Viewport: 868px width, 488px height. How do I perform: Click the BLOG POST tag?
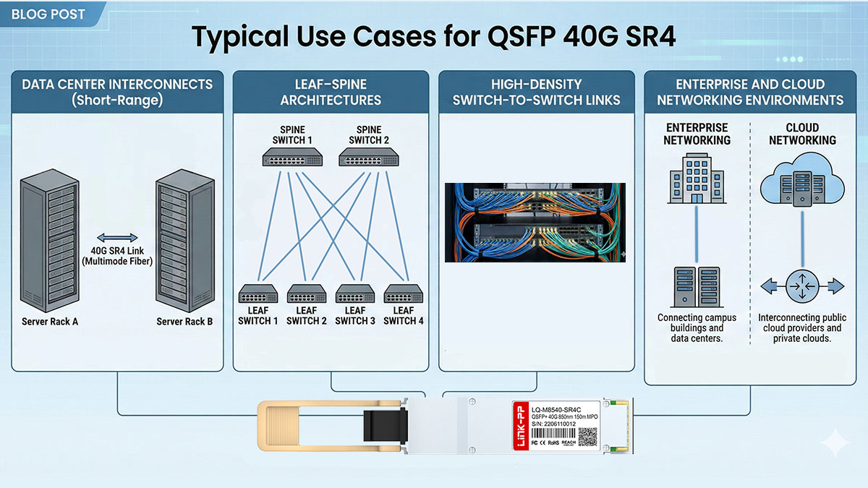point(49,14)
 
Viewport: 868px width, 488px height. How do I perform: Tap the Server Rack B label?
point(184,322)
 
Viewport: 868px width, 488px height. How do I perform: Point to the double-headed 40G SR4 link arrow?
point(118,237)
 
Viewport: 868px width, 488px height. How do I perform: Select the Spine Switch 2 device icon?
point(368,157)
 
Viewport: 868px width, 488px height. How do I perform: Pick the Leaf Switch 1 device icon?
point(258,294)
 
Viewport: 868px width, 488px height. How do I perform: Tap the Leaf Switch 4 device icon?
point(404,294)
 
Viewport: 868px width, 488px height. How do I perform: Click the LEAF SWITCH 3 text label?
point(355,315)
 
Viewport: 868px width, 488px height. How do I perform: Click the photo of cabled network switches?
point(535,222)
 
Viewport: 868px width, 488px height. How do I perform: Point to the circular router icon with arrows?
point(801,286)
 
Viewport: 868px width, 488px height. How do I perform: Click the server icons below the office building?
point(697,286)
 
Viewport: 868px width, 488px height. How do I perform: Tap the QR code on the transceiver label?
point(587,437)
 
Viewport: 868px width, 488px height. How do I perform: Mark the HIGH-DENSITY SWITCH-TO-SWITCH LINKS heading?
point(536,92)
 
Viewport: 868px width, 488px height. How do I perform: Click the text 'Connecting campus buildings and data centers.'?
point(697,328)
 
